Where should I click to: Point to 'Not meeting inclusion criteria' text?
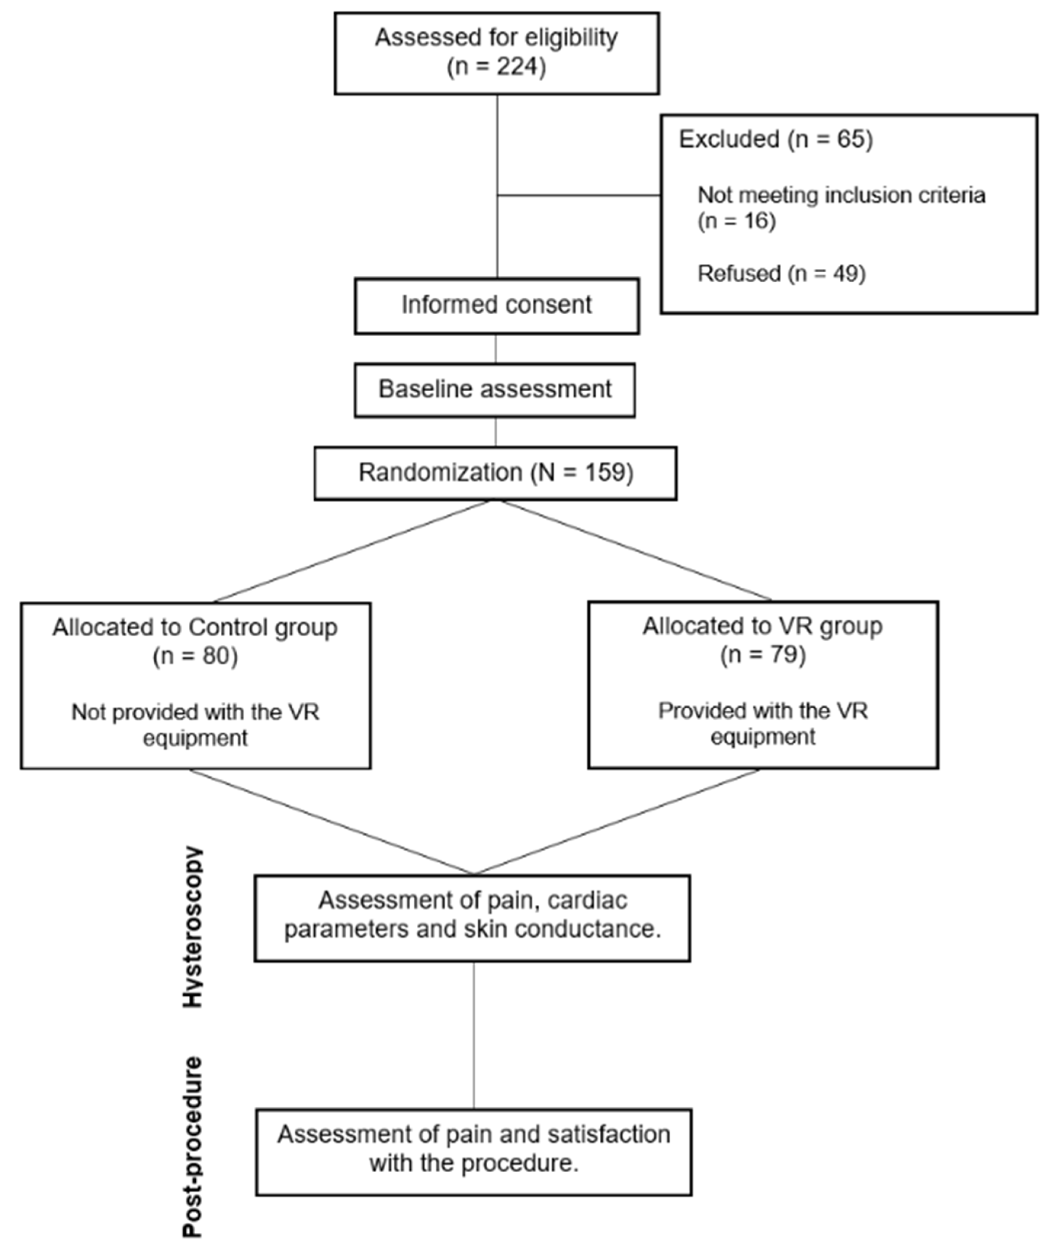tap(841, 195)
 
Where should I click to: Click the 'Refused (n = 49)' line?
tap(781, 274)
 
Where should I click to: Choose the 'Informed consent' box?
tap(497, 305)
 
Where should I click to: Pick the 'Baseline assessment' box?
tap(495, 390)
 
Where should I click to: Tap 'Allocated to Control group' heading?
tap(195, 627)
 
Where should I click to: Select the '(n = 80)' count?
tap(195, 656)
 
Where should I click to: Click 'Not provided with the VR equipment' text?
tap(195, 725)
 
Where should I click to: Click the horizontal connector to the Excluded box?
tap(578, 195)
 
